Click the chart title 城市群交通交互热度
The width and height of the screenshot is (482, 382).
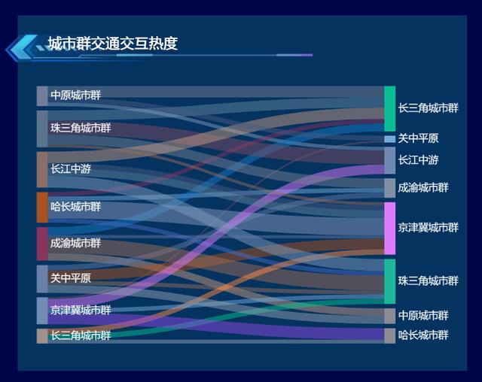click(113, 44)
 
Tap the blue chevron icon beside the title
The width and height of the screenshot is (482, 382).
click(22, 47)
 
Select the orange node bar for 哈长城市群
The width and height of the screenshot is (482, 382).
click(42, 207)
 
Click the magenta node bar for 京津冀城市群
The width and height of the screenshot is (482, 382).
click(390, 229)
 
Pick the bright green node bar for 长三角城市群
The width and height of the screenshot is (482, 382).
click(390, 108)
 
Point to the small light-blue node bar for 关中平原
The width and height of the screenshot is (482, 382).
click(390, 139)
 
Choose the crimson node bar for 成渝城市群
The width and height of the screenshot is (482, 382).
click(42, 244)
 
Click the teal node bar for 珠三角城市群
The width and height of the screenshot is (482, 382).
click(390, 281)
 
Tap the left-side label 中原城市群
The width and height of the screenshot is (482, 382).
click(75, 95)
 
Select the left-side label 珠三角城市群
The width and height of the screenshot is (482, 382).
click(81, 128)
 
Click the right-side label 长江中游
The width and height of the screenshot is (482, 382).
click(418, 160)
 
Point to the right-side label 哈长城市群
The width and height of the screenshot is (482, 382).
click(423, 335)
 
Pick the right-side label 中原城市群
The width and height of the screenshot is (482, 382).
click(423, 315)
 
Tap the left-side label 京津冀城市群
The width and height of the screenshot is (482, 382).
click(81, 311)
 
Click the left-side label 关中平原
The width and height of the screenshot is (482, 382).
click(71, 278)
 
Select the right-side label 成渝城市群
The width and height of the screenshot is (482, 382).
click(423, 187)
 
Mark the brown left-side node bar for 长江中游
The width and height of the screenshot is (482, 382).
click(42, 170)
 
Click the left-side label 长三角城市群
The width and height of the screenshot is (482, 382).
click(81, 335)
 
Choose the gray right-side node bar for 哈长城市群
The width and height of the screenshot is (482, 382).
click(390, 336)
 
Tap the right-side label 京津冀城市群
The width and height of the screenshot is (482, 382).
click(429, 228)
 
